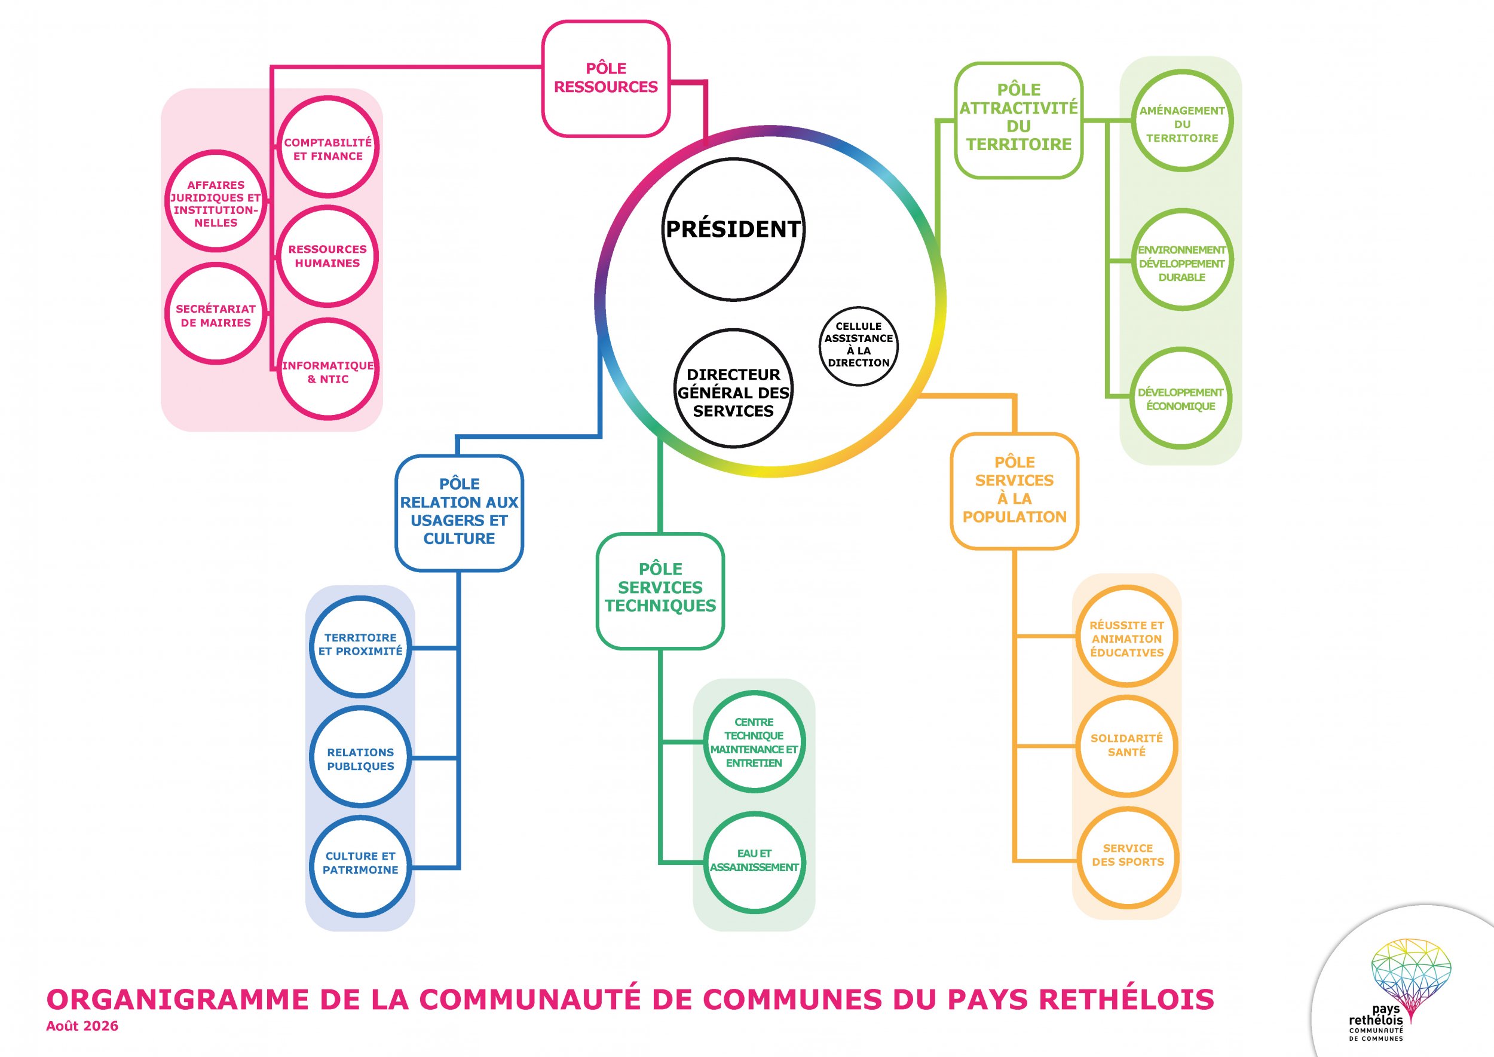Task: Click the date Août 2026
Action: pos(82,1026)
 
